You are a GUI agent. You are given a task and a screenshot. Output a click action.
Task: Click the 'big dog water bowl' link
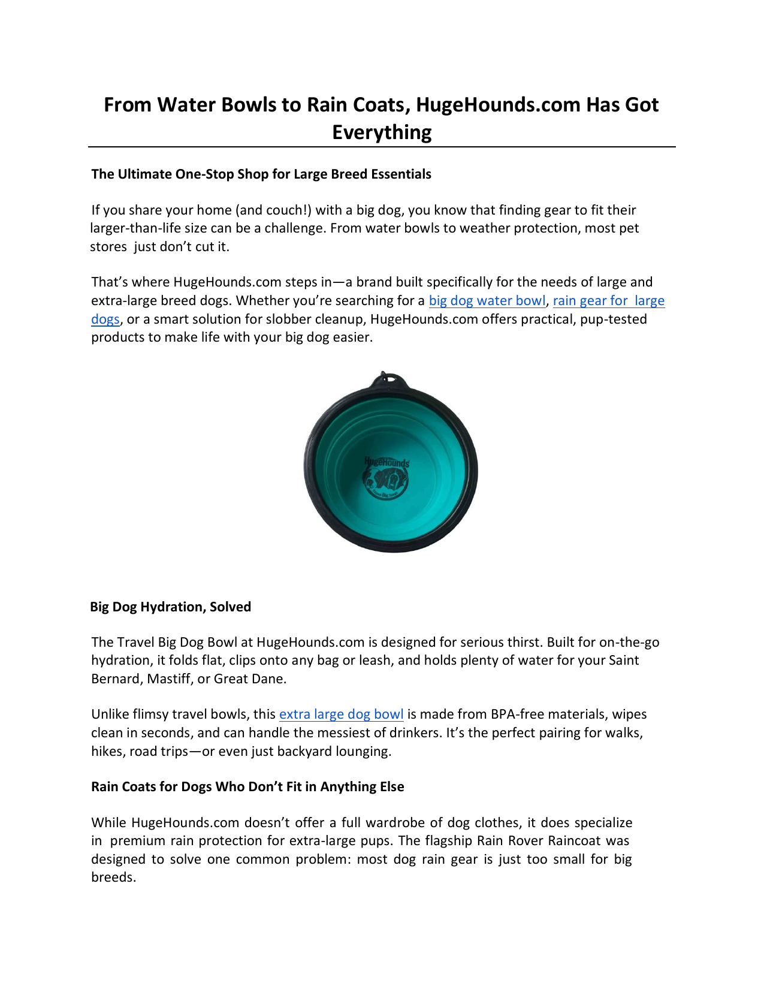(x=487, y=301)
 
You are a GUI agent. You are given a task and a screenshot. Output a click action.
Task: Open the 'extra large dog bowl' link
(x=341, y=714)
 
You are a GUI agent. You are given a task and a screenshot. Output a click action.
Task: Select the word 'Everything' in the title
(x=382, y=132)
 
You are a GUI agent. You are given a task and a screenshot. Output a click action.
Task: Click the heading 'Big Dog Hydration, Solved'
(x=170, y=607)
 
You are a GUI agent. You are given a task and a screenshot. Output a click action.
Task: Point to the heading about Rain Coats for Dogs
(x=247, y=786)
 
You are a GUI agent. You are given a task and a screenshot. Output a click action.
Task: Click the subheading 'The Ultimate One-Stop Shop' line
(x=261, y=174)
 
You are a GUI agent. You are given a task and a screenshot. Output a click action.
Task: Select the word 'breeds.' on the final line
(x=114, y=878)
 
